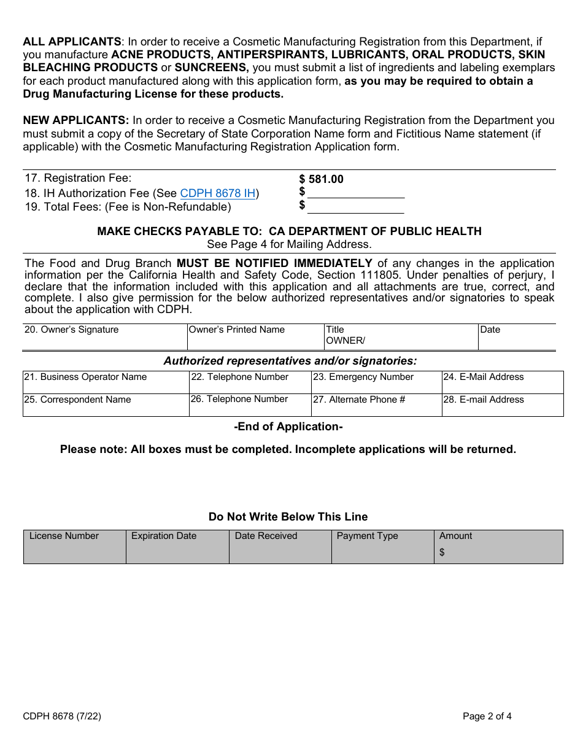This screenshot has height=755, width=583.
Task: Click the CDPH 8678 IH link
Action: click(218, 193)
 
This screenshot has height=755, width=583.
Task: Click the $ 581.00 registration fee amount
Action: click(322, 179)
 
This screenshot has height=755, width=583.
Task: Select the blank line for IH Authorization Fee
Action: click(356, 193)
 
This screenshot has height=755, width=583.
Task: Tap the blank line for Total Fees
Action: click(356, 207)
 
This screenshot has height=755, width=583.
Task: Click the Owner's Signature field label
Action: click(71, 330)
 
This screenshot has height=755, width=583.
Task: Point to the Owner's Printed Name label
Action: click(237, 330)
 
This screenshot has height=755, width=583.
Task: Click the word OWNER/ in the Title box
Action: click(346, 341)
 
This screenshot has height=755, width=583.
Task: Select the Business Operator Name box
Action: click(106, 382)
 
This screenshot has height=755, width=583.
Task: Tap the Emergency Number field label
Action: click(363, 377)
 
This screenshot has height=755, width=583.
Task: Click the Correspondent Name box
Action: click(106, 405)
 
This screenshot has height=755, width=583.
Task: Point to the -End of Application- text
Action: click(288, 427)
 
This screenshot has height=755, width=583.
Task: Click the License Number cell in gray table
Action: click(74, 546)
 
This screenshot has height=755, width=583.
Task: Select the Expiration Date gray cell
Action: click(177, 546)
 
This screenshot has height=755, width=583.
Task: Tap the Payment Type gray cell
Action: click(382, 546)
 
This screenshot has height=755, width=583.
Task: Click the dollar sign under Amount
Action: click(442, 552)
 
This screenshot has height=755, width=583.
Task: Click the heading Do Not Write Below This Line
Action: click(288, 517)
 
